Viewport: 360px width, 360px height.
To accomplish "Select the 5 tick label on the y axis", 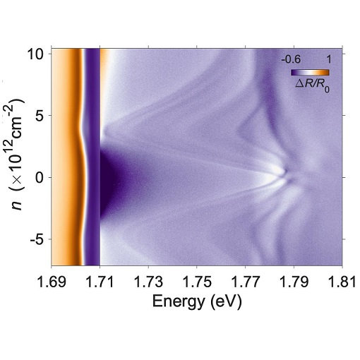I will pos(41,115).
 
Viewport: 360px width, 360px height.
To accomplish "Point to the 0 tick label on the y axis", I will pos(41,176).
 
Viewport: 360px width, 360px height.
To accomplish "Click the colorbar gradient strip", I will pos(311,72).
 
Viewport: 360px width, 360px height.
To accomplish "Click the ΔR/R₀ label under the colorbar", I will pos(311,84).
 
